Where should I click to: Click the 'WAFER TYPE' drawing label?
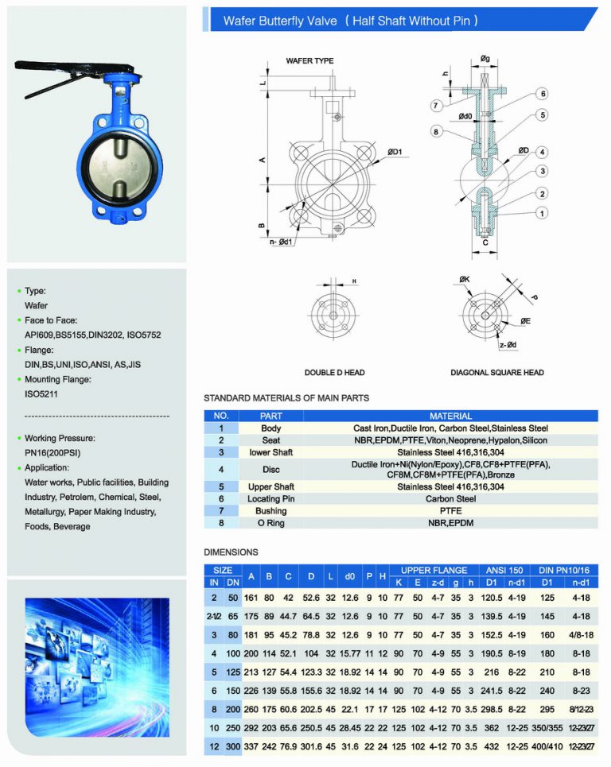pos(309,61)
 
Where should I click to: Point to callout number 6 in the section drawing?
pos(543,94)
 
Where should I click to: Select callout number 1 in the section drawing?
pos(543,213)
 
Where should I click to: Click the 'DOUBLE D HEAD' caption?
pos(334,373)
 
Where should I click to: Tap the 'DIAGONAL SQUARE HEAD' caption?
pos(497,373)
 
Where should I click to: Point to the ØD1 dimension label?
pos(395,152)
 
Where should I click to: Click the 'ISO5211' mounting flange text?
pos(41,393)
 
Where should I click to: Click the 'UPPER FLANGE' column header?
pos(434,570)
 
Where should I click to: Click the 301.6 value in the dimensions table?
pos(311,747)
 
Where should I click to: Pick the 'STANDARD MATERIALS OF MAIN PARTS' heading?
pos(286,397)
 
